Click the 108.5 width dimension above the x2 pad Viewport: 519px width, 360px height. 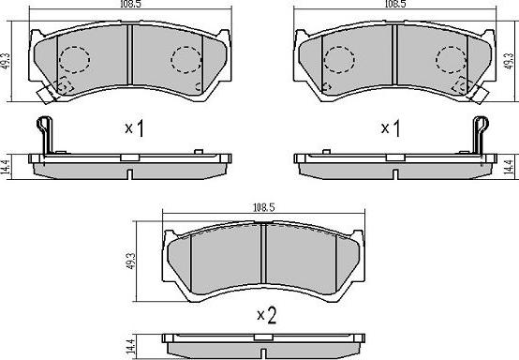pos(264,207)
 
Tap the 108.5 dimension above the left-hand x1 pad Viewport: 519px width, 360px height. pos(131,4)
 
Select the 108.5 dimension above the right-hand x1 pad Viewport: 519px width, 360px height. pos(395,4)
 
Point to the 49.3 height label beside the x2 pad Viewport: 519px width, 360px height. pos(131,261)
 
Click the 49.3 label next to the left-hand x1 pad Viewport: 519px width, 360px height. pos(6,61)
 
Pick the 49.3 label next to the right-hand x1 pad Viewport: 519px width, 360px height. pos(509,61)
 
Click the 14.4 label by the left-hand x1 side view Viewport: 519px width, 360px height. pos(6,167)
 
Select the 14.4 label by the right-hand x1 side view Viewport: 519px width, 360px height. pos(512,167)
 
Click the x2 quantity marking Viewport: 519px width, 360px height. pos(267,316)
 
